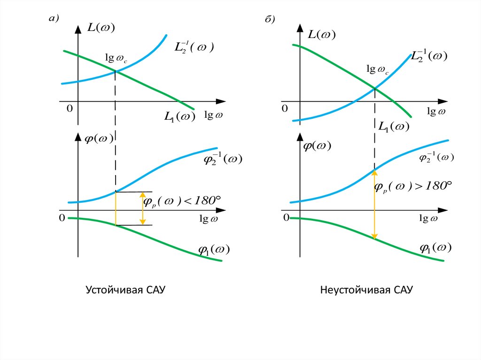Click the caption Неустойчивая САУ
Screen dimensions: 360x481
[366, 290]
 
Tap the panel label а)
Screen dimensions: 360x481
[54, 19]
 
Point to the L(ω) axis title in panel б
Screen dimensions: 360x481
[322, 34]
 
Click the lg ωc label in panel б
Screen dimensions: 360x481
[377, 69]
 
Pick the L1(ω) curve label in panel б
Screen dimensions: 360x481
[394, 127]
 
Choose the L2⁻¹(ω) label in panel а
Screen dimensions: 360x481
[194, 47]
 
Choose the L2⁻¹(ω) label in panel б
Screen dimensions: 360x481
[428, 55]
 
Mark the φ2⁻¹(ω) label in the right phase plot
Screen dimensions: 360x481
[436, 157]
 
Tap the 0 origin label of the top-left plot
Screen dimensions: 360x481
[70, 108]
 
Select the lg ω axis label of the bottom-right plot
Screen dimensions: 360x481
[428, 218]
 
